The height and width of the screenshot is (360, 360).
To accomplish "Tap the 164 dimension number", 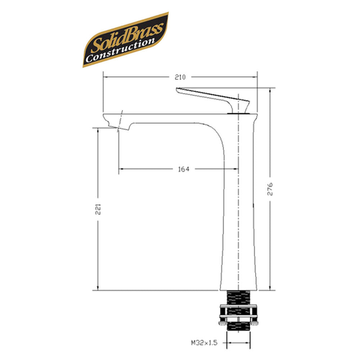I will pos(183,169).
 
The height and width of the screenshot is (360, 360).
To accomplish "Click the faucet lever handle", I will pos(211,97).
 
